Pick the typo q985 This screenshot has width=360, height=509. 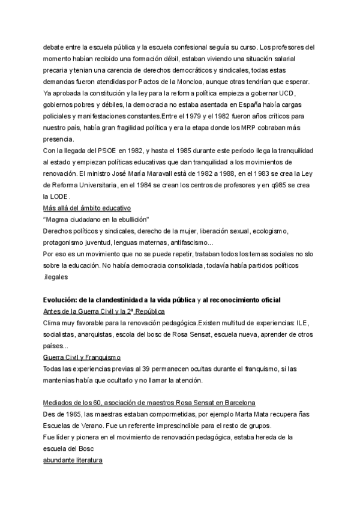[266, 185]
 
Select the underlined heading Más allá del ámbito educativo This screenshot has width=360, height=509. [87, 208]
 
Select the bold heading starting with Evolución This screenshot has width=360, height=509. [163, 300]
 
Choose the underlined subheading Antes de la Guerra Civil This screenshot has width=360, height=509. [104, 312]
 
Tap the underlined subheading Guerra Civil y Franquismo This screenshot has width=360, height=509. [82, 357]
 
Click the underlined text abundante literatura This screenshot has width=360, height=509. [73, 460]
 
